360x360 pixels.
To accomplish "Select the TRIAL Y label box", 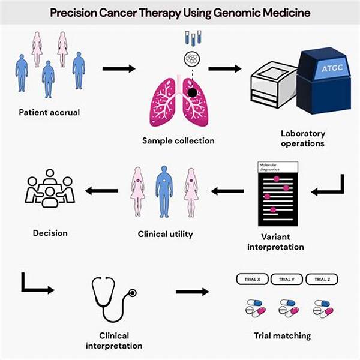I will (x=285, y=279).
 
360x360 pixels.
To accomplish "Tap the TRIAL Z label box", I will (x=322, y=279).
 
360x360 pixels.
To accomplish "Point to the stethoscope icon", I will (x=114, y=300).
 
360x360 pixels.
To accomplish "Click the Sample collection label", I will (x=178, y=141).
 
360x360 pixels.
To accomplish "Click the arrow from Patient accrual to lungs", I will (x=119, y=68).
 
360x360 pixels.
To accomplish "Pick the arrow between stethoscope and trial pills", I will (x=193, y=292).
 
